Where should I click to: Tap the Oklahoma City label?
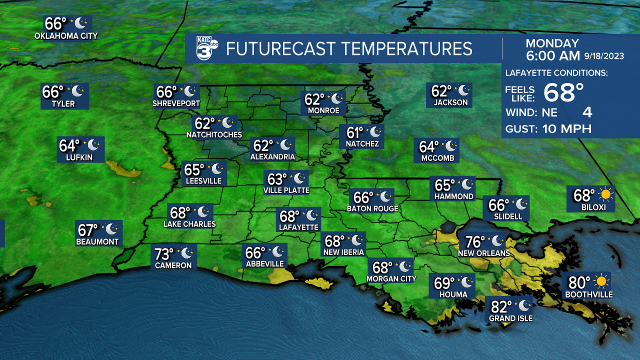pyautogui.click(x=66, y=36)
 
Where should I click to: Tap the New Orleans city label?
pyautogui.click(x=484, y=253)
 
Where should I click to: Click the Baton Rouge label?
pyautogui.click(x=372, y=208)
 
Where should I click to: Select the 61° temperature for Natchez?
pyautogui.click(x=354, y=132)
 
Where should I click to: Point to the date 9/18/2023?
pyautogui.click(x=604, y=56)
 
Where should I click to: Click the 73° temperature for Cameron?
pyautogui.click(x=164, y=254)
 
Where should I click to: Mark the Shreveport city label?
pyautogui.click(x=176, y=104)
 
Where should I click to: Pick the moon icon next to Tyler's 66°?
pyautogui.click(x=77, y=91)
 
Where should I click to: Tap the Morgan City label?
pyautogui.click(x=391, y=278)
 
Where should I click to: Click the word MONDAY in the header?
pyautogui.click(x=552, y=43)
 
